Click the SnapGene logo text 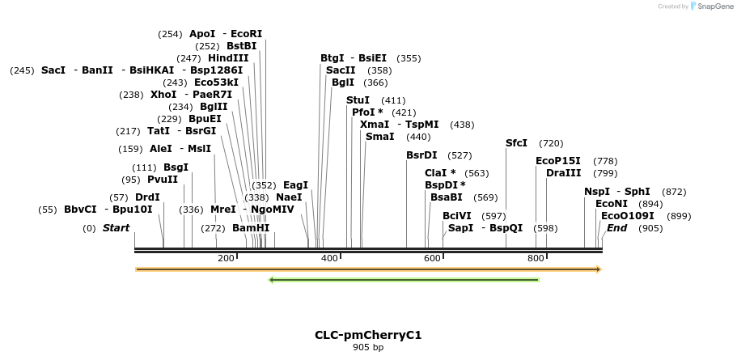pyautogui.click(x=712, y=6)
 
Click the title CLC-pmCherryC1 pyautogui.click(x=368, y=335)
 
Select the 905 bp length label pyautogui.click(x=368, y=348)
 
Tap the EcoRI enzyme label pyautogui.click(x=247, y=34)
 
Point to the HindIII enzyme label pyautogui.click(x=228, y=58)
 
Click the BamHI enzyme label pyautogui.click(x=251, y=228)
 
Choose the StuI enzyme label pyautogui.click(x=358, y=100)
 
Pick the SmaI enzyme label pyautogui.click(x=379, y=137)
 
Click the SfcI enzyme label pyautogui.click(x=516, y=143)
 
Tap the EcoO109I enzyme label pyautogui.click(x=628, y=216)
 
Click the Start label pyautogui.click(x=116, y=228)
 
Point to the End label pyautogui.click(x=616, y=228)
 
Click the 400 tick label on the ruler pyautogui.click(x=329, y=258)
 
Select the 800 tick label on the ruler pyautogui.click(x=536, y=258)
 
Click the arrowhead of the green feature pyautogui.click(x=272, y=281)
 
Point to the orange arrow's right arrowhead pyautogui.click(x=599, y=269)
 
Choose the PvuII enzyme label pyautogui.click(x=163, y=180)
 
